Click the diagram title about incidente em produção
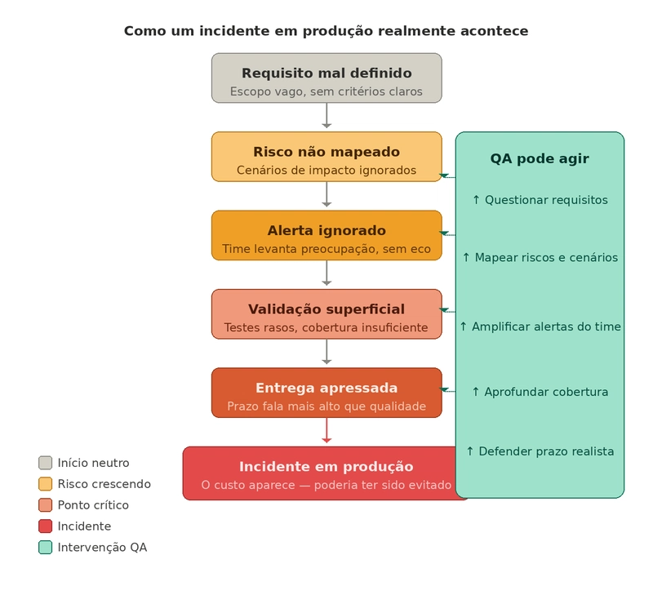pyautogui.click(x=326, y=31)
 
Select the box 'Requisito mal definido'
pyautogui.click(x=326, y=78)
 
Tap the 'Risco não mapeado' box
pyautogui.click(x=326, y=156)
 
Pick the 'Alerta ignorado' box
pyautogui.click(x=326, y=235)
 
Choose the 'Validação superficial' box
pyautogui.click(x=326, y=313)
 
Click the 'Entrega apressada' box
pyautogui.click(x=326, y=392)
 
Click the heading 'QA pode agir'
pyautogui.click(x=540, y=159)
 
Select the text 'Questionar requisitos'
pyautogui.click(x=540, y=200)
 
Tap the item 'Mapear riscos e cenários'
pyautogui.click(x=540, y=258)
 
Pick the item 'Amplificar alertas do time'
pyautogui.click(x=540, y=326)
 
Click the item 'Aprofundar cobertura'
pyautogui.click(x=540, y=392)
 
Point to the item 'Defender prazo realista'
pyautogui.click(x=540, y=451)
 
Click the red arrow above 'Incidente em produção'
pyautogui.click(x=326, y=431)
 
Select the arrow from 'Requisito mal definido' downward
pyautogui.click(x=326, y=116)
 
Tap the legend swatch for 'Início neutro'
pyautogui.click(x=45, y=463)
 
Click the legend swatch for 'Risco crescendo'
pyautogui.click(x=45, y=484)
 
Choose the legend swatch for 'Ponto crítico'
pyautogui.click(x=45, y=505)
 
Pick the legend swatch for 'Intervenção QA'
pyautogui.click(x=45, y=548)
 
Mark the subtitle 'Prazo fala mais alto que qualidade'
pyautogui.click(x=326, y=406)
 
